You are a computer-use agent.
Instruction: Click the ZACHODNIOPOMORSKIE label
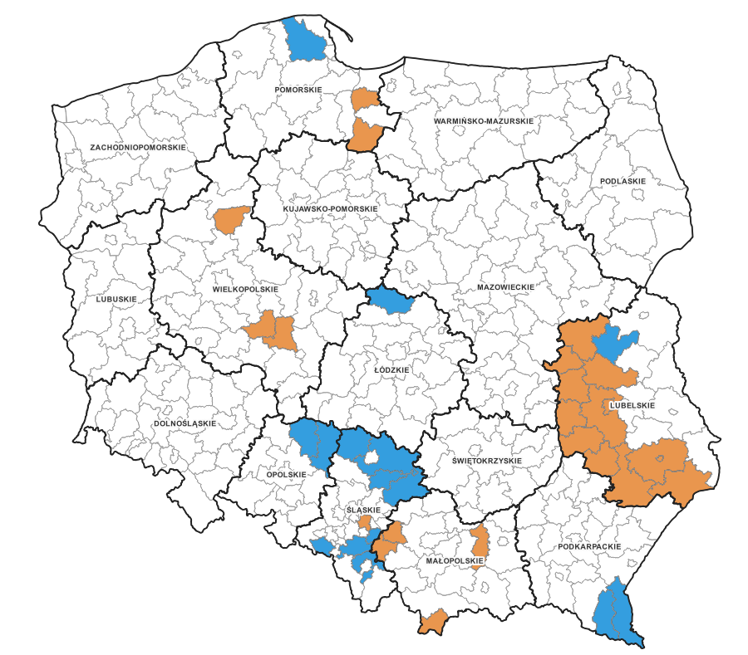[138, 147]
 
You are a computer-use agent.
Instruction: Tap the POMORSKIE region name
[298, 89]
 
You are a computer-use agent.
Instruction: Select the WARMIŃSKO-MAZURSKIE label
[483, 121]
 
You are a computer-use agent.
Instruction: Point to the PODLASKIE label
[622, 180]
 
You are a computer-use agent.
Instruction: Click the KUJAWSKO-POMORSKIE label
[330, 208]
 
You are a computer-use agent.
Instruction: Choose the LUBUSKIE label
[116, 299]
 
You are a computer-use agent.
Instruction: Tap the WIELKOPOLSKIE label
[245, 289]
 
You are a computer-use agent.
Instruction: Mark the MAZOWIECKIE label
[504, 286]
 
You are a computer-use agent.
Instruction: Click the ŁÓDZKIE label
[392, 369]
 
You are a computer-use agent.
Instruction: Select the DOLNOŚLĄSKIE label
[185, 423]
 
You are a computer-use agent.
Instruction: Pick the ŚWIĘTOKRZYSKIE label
[486, 460]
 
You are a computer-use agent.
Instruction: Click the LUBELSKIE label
[632, 405]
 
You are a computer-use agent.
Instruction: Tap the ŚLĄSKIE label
[362, 510]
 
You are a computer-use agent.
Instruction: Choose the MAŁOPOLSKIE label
[453, 560]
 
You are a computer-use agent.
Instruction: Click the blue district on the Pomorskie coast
[305, 38]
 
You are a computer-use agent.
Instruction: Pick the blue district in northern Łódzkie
[390, 300]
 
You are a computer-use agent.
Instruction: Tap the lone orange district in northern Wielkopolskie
[231, 220]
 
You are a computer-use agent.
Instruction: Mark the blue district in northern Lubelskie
[616, 343]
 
